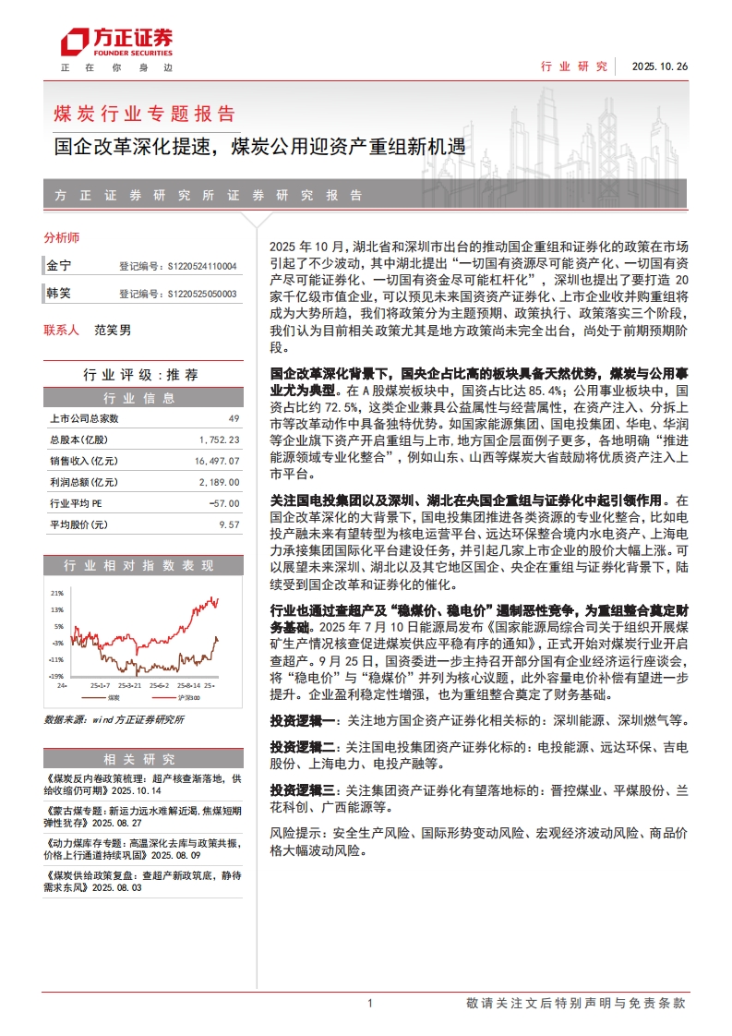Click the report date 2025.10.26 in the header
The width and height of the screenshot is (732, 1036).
(660, 66)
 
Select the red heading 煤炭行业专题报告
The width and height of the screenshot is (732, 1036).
(145, 114)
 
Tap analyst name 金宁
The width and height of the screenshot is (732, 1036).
(59, 266)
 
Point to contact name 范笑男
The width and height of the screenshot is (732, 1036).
(113, 330)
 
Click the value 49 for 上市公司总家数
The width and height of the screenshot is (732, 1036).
(233, 418)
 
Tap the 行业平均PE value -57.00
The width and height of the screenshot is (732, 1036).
(224, 503)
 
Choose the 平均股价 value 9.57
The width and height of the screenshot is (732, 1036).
(228, 524)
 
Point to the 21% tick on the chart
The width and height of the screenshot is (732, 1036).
(57, 593)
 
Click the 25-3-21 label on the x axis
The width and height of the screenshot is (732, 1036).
(129, 685)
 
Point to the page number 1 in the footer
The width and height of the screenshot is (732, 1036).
(369, 1004)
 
